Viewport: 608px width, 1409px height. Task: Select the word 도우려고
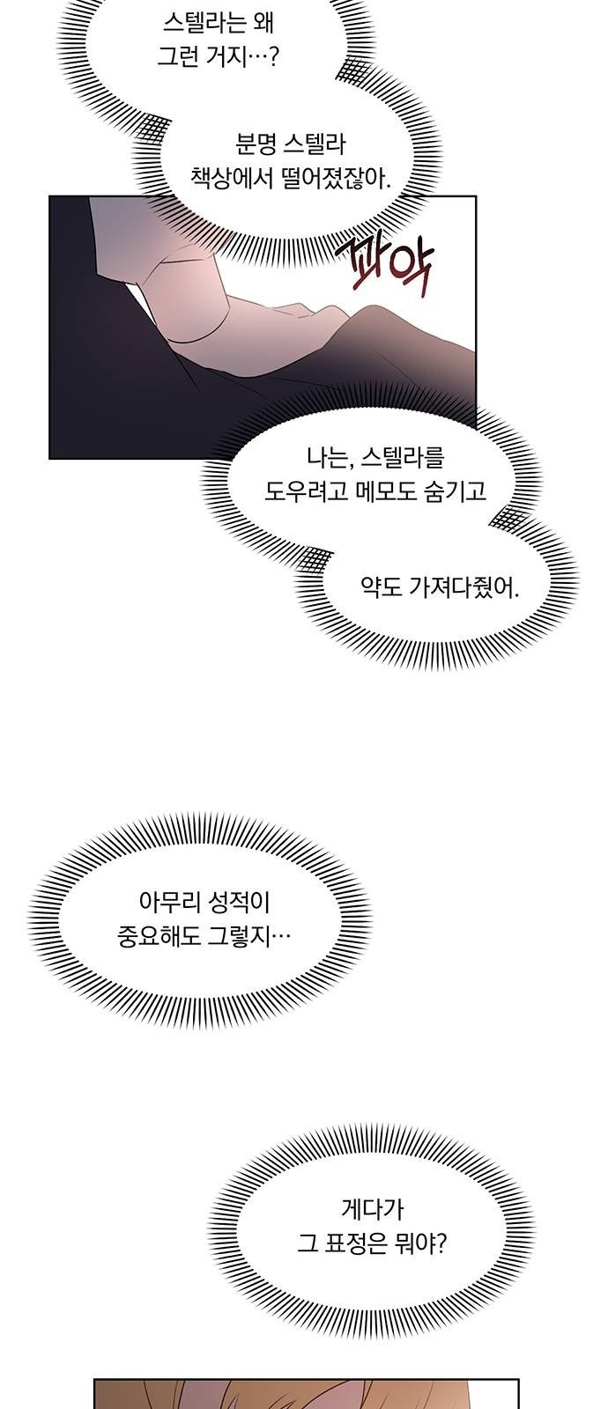(x=301, y=491)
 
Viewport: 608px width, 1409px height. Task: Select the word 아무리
(x=167, y=904)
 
